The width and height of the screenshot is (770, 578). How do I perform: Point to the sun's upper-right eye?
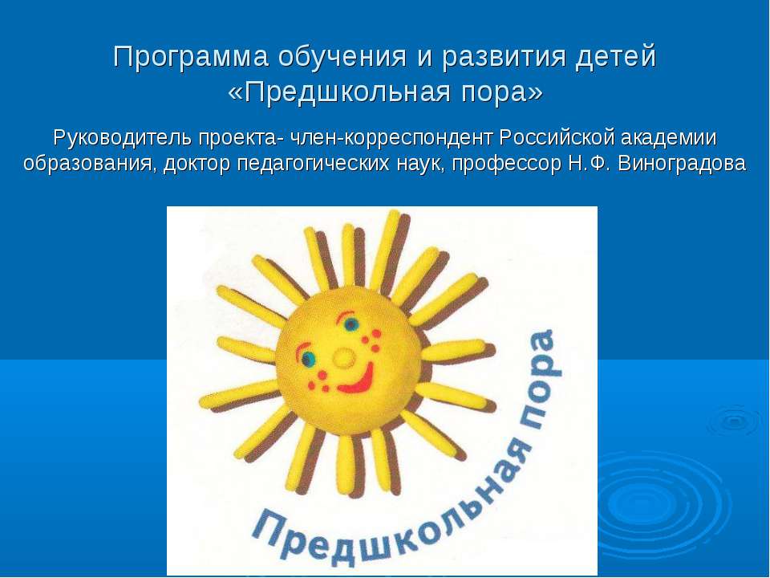[351, 325]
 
